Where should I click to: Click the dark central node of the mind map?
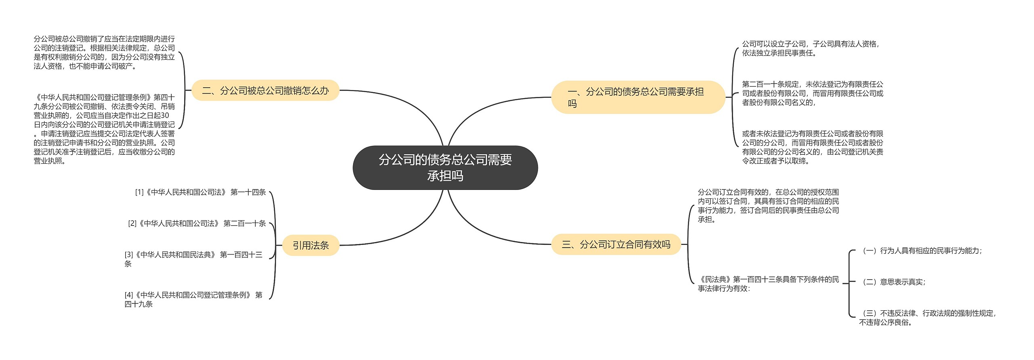coord(445,168)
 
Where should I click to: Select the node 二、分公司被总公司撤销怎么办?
coord(265,91)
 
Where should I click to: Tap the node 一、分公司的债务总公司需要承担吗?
coord(638,97)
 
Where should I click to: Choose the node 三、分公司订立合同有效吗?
coord(616,244)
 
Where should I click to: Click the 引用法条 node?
coord(311,245)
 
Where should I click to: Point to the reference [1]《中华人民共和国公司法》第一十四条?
coord(200,192)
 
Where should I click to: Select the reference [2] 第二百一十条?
coord(197,223)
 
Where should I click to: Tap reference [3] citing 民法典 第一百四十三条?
coord(193,259)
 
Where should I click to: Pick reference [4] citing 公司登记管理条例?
coord(193,299)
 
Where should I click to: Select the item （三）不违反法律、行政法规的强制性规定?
coord(927,318)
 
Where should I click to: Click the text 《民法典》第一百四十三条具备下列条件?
coord(768,284)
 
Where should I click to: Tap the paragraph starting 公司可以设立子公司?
coord(810,48)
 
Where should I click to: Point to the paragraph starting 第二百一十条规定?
coord(812,93)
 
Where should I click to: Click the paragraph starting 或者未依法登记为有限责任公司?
coord(812,147)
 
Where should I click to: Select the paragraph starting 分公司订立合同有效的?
coord(768,206)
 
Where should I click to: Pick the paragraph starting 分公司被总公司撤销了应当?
coord(104,53)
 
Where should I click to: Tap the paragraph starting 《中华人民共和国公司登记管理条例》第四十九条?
coord(104,129)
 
